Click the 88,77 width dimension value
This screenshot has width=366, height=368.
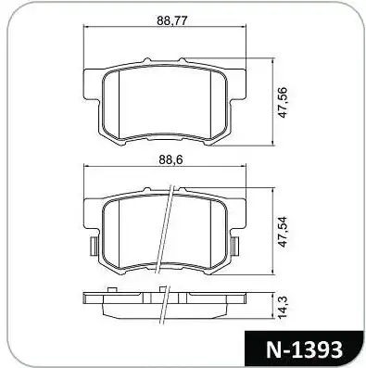click(x=172, y=20)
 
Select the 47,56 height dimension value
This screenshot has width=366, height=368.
click(x=283, y=102)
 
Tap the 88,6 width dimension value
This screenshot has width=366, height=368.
click(x=171, y=159)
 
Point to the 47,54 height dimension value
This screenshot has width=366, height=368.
click(x=283, y=232)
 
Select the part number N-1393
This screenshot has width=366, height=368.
click(x=304, y=349)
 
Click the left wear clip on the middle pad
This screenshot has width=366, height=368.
click(x=94, y=247)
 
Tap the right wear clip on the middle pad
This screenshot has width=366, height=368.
click(x=235, y=247)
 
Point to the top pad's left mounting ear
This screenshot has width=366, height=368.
click(x=92, y=84)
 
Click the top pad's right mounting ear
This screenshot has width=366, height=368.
click(x=237, y=84)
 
